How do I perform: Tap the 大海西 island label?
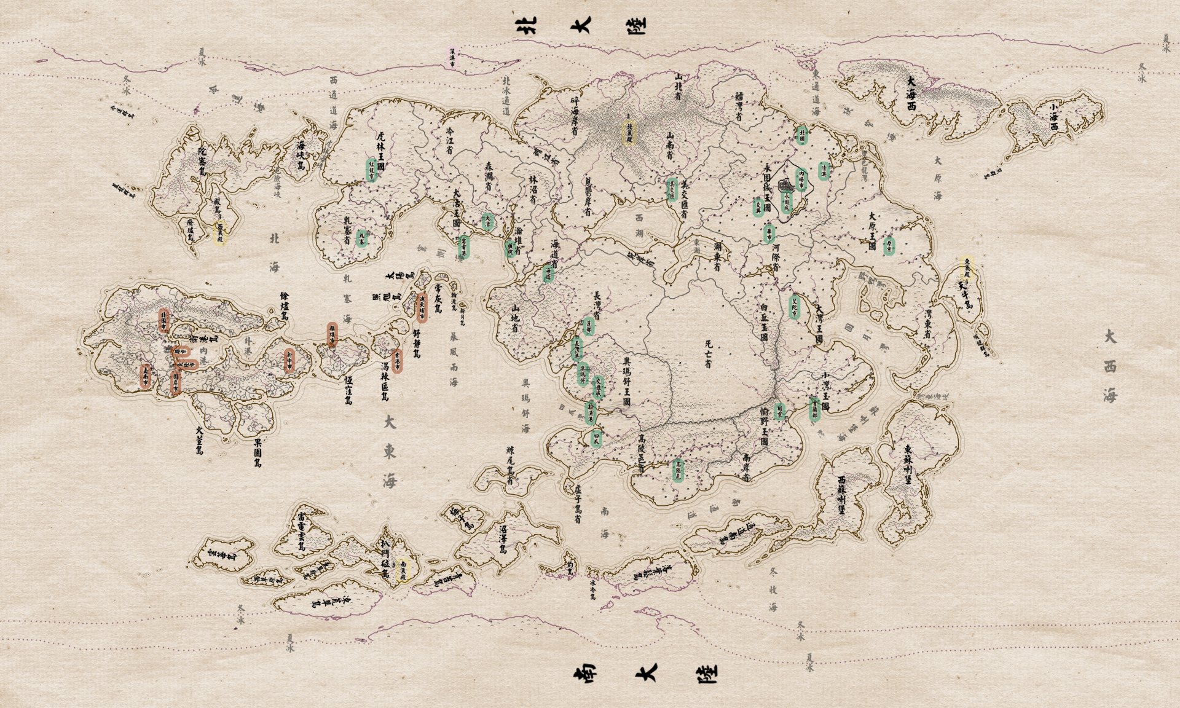pyautogui.click(x=911, y=93)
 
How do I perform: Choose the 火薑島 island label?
pyautogui.click(x=200, y=441)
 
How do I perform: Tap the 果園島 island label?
pyautogui.click(x=258, y=453)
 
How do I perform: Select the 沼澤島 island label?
pyautogui.click(x=503, y=539)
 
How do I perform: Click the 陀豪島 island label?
pyautogui.click(x=203, y=163)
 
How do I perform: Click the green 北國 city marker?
pyautogui.click(x=801, y=135)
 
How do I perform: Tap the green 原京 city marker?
pyautogui.click(x=888, y=246)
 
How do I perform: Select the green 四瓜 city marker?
pyautogui.click(x=595, y=439)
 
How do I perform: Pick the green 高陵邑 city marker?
pyautogui.click(x=678, y=470)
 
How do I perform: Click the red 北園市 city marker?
pyautogui.click(x=163, y=321)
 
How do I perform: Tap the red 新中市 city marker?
pyautogui.click(x=289, y=360)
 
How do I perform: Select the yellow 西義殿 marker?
pyautogui.click(x=219, y=234)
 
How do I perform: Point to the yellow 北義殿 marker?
pyautogui.click(x=629, y=132)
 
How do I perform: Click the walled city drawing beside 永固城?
pyautogui.click(x=785, y=185)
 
